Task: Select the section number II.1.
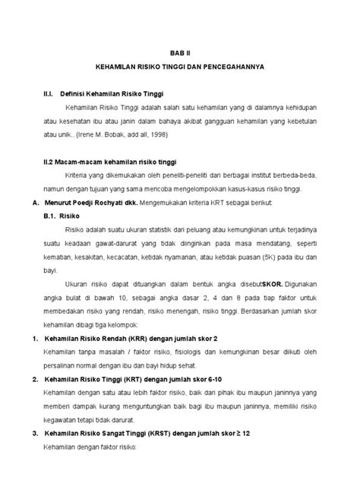point(48,93)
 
